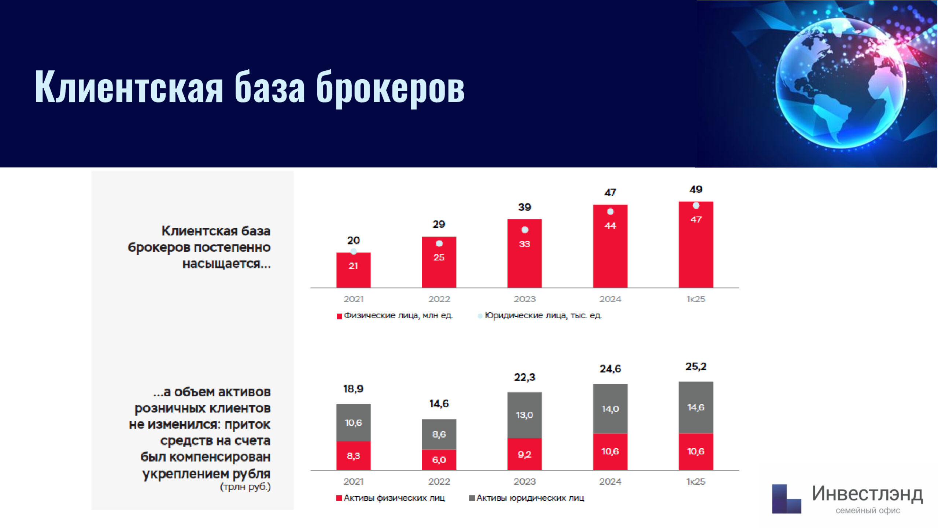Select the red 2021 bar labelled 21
click(354, 270)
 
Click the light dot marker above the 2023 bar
click(525, 230)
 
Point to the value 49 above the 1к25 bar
click(696, 190)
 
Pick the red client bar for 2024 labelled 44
click(610, 246)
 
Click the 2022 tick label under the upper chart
click(439, 299)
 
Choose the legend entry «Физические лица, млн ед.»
click(395, 316)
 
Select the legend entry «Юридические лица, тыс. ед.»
click(540, 316)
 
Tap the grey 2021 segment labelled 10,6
click(354, 423)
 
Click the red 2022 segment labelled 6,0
click(439, 460)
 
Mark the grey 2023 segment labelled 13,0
click(525, 415)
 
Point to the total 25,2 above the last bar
click(696, 367)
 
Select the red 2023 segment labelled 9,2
click(525, 454)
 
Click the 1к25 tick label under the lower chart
click(696, 481)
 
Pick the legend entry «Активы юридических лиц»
click(527, 498)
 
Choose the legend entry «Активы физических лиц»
click(391, 498)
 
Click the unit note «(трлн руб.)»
click(245, 487)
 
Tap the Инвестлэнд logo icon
click(786, 499)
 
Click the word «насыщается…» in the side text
click(227, 264)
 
